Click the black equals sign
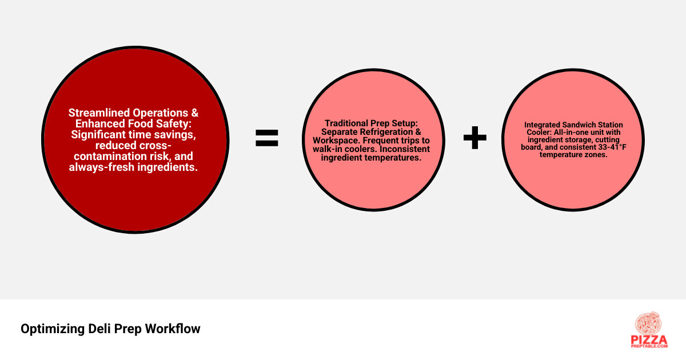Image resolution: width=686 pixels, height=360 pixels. (267, 138)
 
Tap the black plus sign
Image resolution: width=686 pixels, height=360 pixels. (474, 138)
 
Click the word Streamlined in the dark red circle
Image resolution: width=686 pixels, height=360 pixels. (98, 113)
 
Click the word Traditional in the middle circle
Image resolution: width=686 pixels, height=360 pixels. (346, 123)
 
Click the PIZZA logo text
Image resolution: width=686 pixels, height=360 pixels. (649, 340)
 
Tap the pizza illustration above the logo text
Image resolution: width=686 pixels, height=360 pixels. (648, 323)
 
